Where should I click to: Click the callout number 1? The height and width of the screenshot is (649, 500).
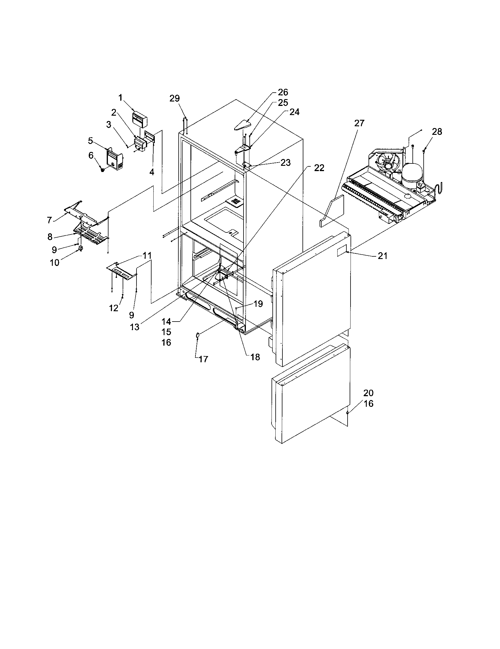click(120, 97)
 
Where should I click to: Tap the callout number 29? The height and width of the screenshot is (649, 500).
click(175, 98)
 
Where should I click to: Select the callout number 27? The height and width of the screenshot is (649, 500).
click(359, 123)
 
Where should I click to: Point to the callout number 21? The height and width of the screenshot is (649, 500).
click(382, 255)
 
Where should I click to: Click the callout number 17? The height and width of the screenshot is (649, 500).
click(203, 359)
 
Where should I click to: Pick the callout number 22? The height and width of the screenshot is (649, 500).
click(319, 168)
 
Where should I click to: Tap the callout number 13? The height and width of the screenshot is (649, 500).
click(134, 327)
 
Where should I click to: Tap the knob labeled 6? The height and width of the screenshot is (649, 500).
click(103, 170)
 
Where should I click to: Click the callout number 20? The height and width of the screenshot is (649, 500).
click(368, 393)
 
